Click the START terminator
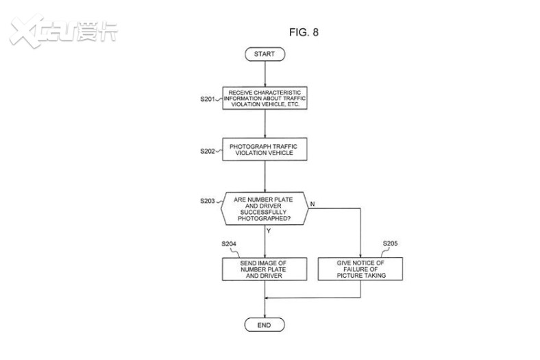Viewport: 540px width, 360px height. tap(265, 54)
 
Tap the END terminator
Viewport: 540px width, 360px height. tap(265, 325)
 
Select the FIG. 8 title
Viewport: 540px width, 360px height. tap(304, 32)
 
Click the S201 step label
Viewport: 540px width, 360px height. tap(208, 99)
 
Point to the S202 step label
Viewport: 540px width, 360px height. tap(208, 152)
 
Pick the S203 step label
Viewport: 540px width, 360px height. tap(208, 201)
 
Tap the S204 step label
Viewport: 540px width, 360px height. tap(229, 244)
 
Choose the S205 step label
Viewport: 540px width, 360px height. tap(390, 243)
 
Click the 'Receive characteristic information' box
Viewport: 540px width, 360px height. tap(265, 98)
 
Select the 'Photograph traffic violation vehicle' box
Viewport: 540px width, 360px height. tap(265, 149)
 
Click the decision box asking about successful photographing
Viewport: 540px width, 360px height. tap(265, 208)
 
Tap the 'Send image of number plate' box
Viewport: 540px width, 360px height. tap(265, 269)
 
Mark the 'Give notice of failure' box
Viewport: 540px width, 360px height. tap(360, 269)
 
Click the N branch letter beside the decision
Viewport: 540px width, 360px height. tap(312, 204)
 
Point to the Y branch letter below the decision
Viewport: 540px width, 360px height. tap(269, 231)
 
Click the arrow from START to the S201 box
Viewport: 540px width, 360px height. tap(265, 74)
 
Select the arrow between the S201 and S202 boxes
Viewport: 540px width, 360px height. tap(265, 123)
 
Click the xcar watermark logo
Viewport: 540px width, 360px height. tap(64, 31)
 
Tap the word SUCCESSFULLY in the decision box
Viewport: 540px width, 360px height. tap(263, 212)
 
